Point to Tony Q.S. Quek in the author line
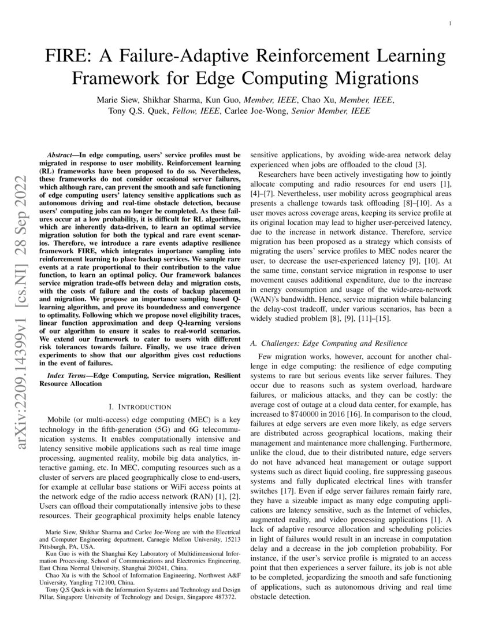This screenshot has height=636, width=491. pyautogui.click(x=136, y=111)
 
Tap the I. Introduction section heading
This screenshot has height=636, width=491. pyautogui.click(x=136, y=407)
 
